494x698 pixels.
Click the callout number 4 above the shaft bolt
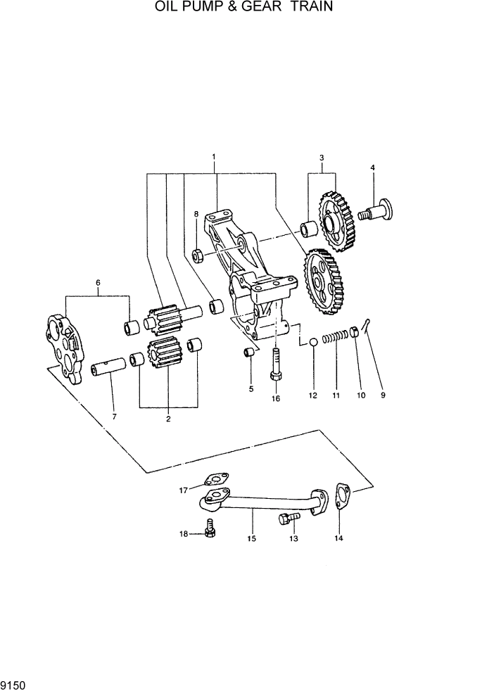point(373,167)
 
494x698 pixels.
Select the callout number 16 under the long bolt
point(276,398)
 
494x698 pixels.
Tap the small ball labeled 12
point(310,343)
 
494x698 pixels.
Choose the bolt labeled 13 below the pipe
point(289,519)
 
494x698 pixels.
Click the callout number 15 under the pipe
point(251,539)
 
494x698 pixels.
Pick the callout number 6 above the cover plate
point(98,283)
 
